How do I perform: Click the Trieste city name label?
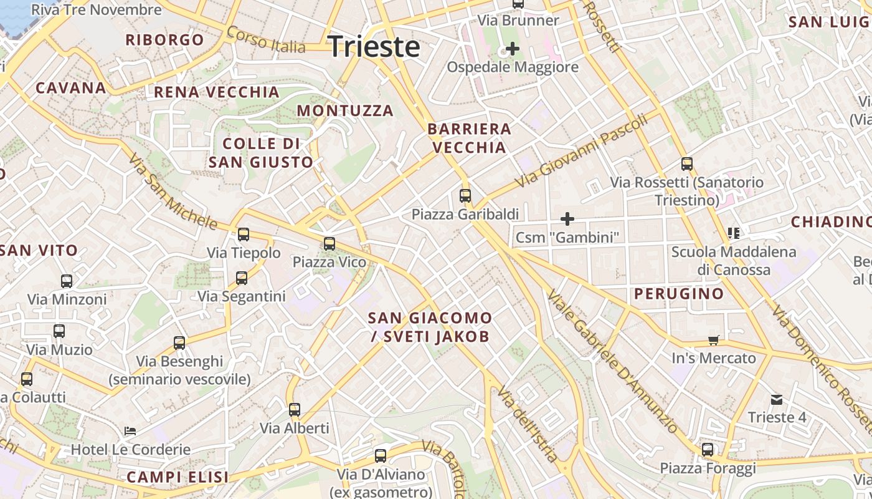click(374, 47)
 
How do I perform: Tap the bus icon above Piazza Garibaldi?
click(465, 196)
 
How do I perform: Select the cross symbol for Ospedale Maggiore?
click(513, 48)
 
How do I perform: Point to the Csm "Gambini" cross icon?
click(567, 219)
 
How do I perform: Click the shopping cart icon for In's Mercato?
click(714, 340)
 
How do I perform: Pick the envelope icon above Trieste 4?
click(777, 399)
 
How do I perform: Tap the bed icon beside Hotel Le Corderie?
click(130, 431)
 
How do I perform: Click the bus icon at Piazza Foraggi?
click(708, 450)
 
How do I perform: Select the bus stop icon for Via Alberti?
click(295, 410)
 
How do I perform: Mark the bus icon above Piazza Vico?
click(329, 244)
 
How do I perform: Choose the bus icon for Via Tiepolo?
click(244, 235)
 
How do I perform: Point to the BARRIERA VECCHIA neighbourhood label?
click(469, 138)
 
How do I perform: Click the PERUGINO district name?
click(679, 294)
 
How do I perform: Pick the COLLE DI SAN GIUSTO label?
click(261, 153)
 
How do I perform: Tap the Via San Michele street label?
click(173, 191)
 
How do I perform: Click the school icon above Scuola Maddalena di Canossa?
click(733, 233)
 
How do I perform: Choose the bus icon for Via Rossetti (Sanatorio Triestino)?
click(687, 164)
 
